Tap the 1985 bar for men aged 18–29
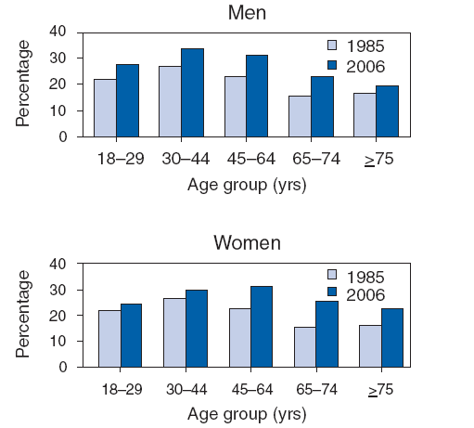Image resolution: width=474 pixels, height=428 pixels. [106, 108]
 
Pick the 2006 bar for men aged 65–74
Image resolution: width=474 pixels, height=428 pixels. [322, 107]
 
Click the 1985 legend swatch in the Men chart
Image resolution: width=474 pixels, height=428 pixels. [334, 45]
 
